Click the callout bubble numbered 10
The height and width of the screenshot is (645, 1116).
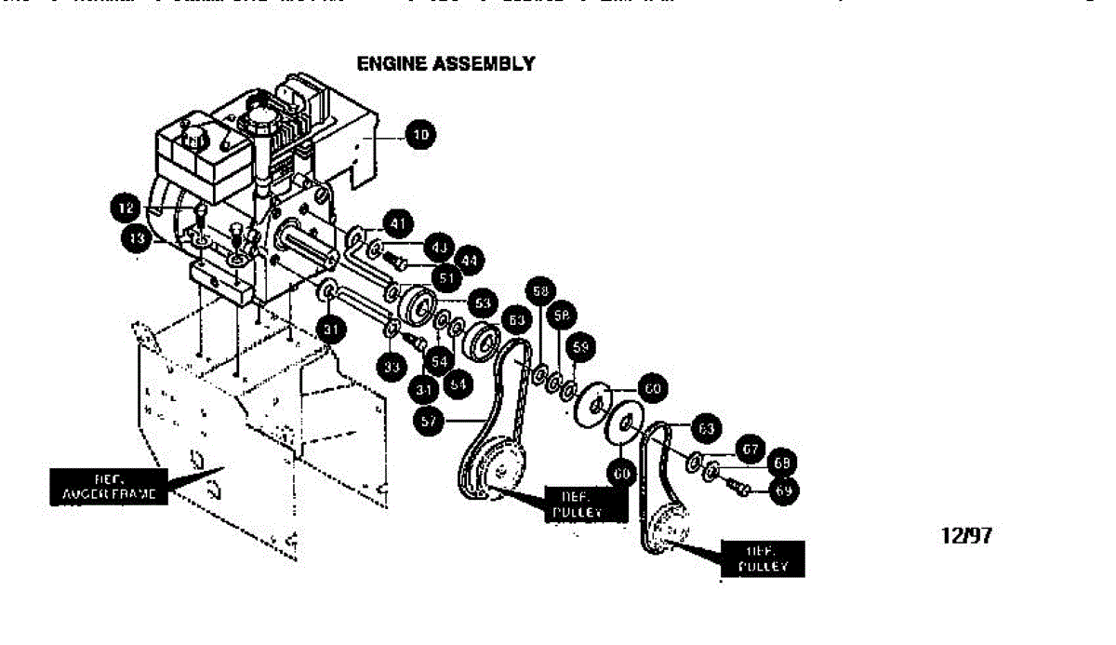click(421, 136)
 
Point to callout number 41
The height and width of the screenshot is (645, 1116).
click(398, 223)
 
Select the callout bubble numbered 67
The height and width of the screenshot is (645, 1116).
click(752, 449)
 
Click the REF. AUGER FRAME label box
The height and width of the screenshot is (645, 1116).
click(109, 487)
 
